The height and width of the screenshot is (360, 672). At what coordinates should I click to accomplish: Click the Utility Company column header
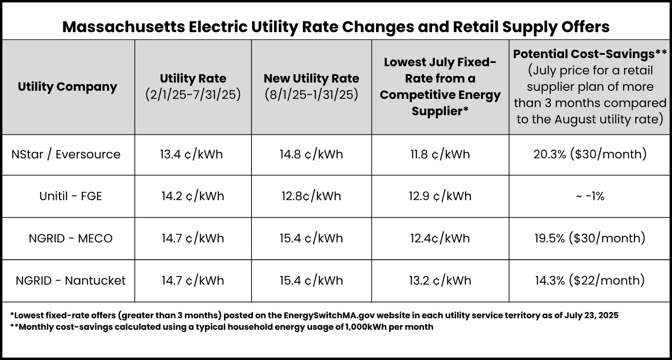tap(67, 87)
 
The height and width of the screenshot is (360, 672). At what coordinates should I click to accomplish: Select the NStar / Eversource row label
tap(66, 155)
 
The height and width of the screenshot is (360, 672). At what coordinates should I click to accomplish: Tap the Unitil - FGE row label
tap(71, 196)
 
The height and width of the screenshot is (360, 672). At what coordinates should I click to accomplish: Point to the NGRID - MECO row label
tap(71, 239)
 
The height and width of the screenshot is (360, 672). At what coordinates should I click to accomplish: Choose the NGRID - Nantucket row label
tap(71, 281)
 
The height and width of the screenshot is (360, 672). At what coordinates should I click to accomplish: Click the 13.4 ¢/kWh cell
tap(192, 155)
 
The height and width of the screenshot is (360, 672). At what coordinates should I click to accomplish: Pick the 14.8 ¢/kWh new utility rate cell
tap(311, 155)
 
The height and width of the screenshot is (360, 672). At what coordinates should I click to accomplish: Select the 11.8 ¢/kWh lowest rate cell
tap(440, 155)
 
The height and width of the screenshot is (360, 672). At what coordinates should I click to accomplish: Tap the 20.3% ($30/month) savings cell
tap(590, 155)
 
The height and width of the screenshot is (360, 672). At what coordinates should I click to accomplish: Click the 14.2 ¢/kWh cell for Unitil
tap(192, 196)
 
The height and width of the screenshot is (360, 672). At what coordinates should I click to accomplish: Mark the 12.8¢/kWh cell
tap(311, 196)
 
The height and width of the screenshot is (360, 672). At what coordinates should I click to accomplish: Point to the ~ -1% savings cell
tap(590, 196)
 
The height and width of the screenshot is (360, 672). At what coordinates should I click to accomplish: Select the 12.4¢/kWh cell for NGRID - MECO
tap(440, 239)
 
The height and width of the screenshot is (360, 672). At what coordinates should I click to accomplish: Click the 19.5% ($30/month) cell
tap(590, 239)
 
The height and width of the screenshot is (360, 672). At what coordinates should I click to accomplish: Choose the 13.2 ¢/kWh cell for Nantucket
tap(440, 281)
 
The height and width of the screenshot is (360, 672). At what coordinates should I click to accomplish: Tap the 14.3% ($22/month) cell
tap(590, 281)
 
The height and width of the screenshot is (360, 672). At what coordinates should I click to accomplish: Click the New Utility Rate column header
tap(311, 78)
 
